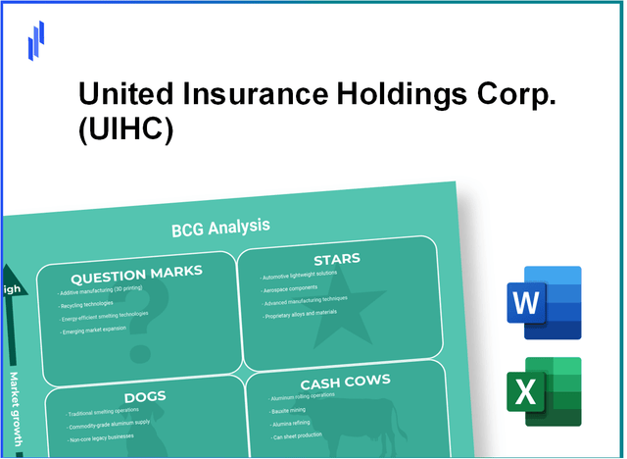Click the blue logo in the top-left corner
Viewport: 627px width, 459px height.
[36, 40]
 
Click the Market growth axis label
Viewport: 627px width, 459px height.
[16, 412]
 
